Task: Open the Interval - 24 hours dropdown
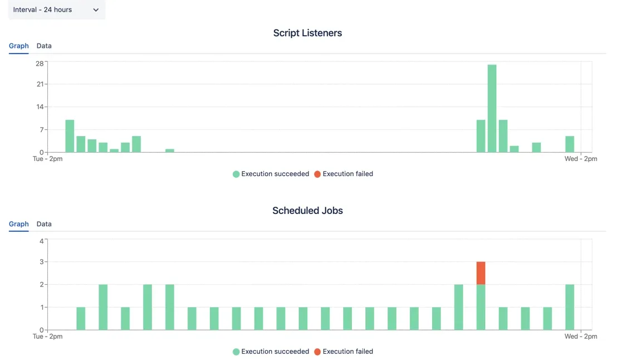[56, 10]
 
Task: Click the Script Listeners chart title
[307, 33]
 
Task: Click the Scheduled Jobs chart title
[307, 211]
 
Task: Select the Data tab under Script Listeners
[44, 46]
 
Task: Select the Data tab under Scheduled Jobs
[44, 224]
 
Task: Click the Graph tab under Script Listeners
[19, 46]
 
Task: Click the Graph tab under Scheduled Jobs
[19, 224]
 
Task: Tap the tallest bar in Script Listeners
[492, 109]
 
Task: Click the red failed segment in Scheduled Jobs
[481, 273]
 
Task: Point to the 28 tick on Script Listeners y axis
[40, 63]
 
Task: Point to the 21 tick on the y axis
[40, 84]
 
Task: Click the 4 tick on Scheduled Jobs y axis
[42, 241]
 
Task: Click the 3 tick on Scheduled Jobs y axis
[42, 262]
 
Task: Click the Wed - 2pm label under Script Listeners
[581, 159]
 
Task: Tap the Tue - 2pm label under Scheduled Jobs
[48, 337]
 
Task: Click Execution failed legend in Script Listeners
[344, 174]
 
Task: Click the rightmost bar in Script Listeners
[570, 144]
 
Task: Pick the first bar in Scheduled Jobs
[81, 319]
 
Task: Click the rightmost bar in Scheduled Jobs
[570, 307]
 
